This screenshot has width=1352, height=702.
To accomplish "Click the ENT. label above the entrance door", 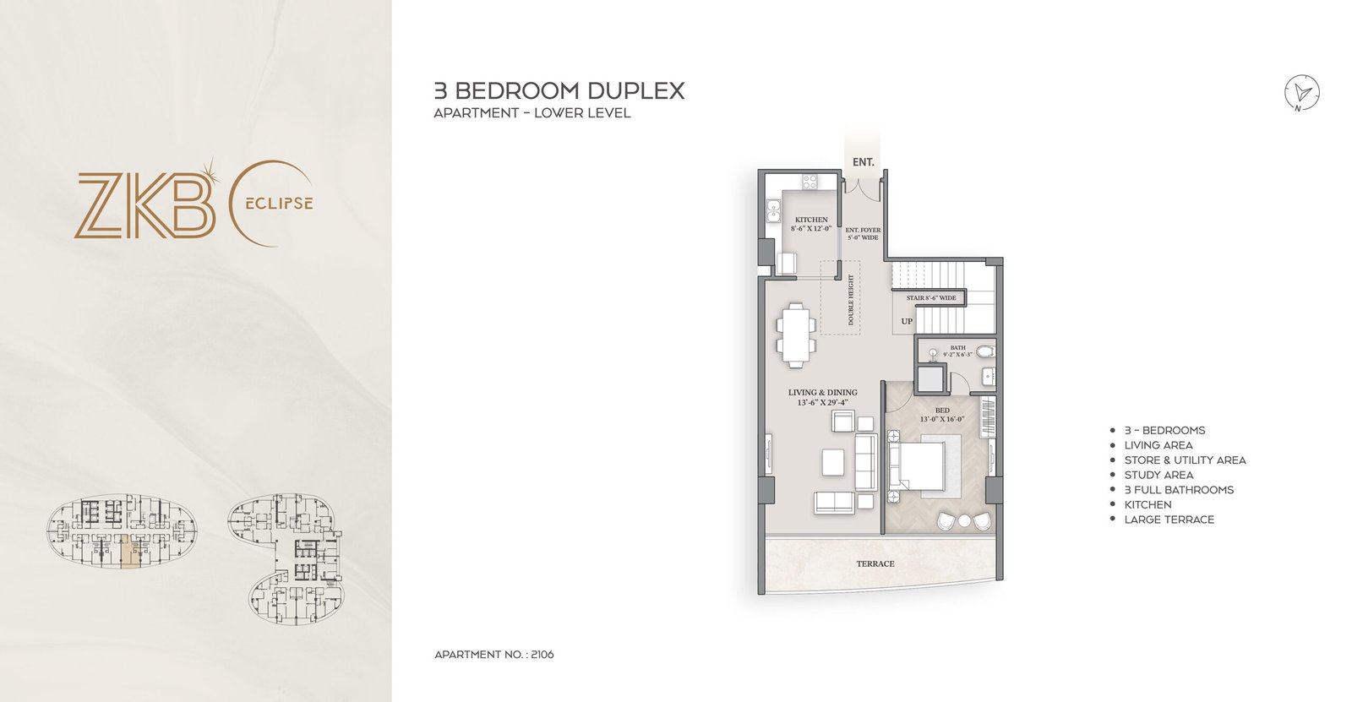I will pyautogui.click(x=863, y=162).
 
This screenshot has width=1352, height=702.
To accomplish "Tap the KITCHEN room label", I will pyautogui.click(x=811, y=220).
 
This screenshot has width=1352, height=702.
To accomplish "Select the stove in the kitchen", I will pyautogui.click(x=810, y=181).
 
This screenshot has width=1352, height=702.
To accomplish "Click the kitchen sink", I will pyautogui.click(x=772, y=210).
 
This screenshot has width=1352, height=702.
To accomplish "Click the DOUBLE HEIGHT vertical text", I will pyautogui.click(x=851, y=300).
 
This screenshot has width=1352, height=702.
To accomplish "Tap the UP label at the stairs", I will pyautogui.click(x=907, y=321).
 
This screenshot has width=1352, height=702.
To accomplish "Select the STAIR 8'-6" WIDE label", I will pyautogui.click(x=931, y=298).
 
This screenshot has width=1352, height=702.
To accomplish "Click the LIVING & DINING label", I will pyautogui.click(x=822, y=393).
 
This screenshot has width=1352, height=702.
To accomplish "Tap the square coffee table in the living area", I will pyautogui.click(x=832, y=461).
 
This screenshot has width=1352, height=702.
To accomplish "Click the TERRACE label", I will pyautogui.click(x=875, y=563).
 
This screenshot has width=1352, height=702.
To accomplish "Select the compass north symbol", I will pyautogui.click(x=1302, y=92).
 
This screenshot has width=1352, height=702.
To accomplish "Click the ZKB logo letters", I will pyautogui.click(x=144, y=204).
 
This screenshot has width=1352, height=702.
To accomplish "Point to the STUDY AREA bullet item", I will pyautogui.click(x=1158, y=475).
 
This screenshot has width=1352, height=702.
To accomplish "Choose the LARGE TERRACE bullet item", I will pyautogui.click(x=1168, y=520).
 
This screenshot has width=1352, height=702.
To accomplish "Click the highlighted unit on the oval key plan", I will pyautogui.click(x=131, y=552).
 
